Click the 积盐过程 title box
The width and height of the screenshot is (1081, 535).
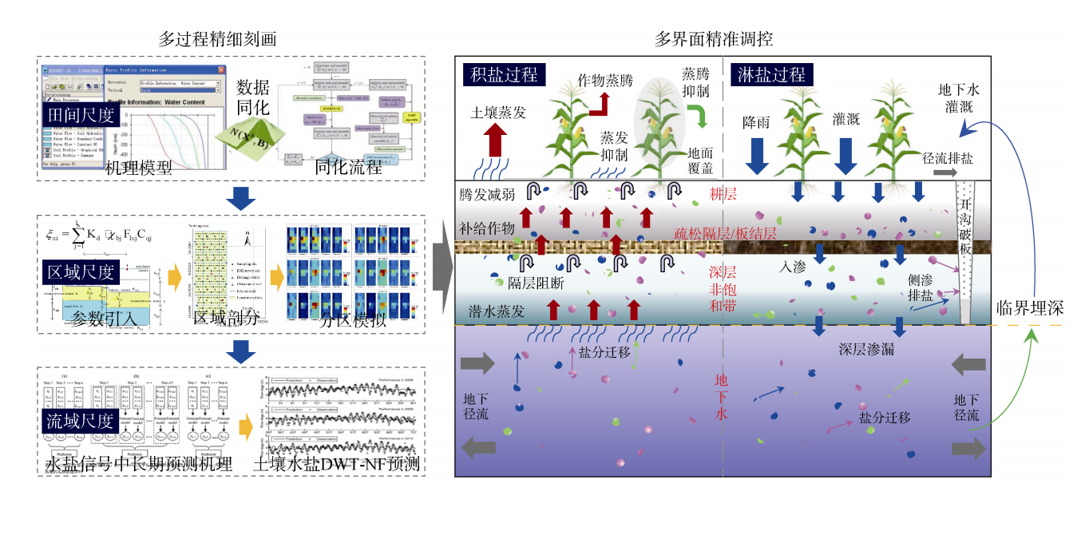click(x=503, y=75)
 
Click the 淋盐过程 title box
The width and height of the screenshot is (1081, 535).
click(x=770, y=75)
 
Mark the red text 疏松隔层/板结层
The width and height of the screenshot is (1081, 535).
click(x=725, y=232)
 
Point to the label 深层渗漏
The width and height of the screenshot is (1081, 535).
click(x=866, y=349)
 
